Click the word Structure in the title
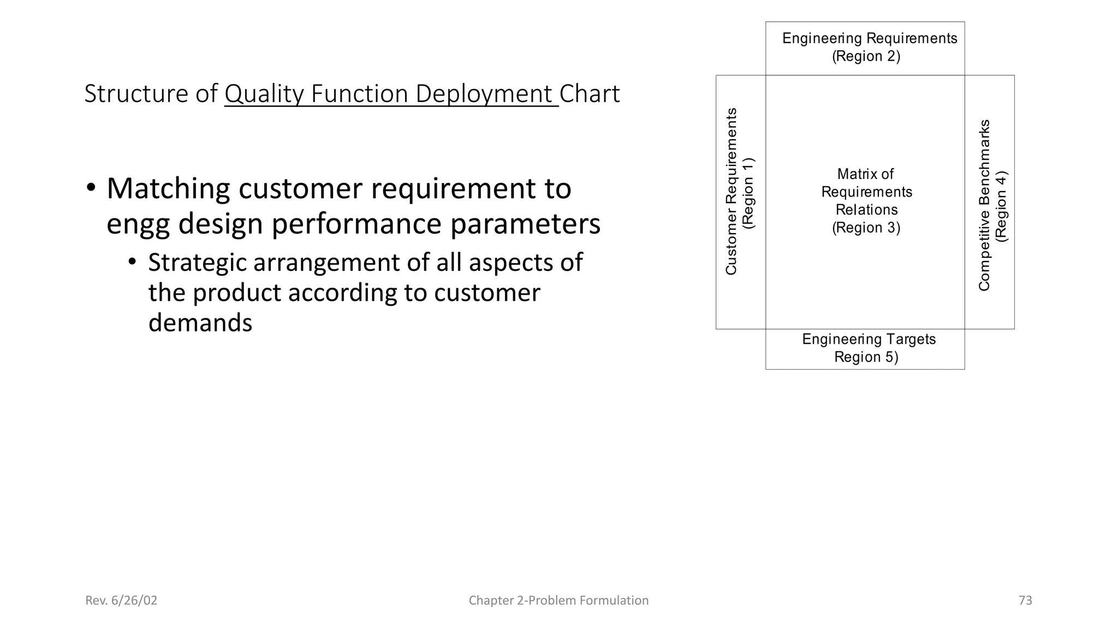tap(136, 94)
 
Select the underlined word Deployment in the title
tap(484, 94)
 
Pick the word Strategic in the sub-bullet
tap(197, 263)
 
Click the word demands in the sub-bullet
tap(200, 323)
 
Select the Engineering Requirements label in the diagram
tap(870, 38)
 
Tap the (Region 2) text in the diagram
tap(866, 56)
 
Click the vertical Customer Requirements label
tap(732, 191)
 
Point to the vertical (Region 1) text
tap(749, 193)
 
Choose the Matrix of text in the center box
tap(865, 174)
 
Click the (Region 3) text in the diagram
tap(866, 228)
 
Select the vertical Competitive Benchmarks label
tap(984, 205)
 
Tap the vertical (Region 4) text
tap(1002, 206)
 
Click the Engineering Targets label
tap(869, 339)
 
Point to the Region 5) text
tap(866, 357)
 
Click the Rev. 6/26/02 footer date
tap(121, 601)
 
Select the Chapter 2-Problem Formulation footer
tap(558, 601)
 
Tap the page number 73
tap(1025, 601)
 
